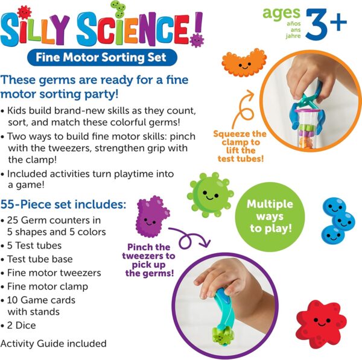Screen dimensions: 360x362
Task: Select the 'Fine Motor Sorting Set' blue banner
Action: [101, 58]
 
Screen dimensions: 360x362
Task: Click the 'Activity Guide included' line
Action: [54, 344]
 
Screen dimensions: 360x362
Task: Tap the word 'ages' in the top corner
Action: [281, 12]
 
